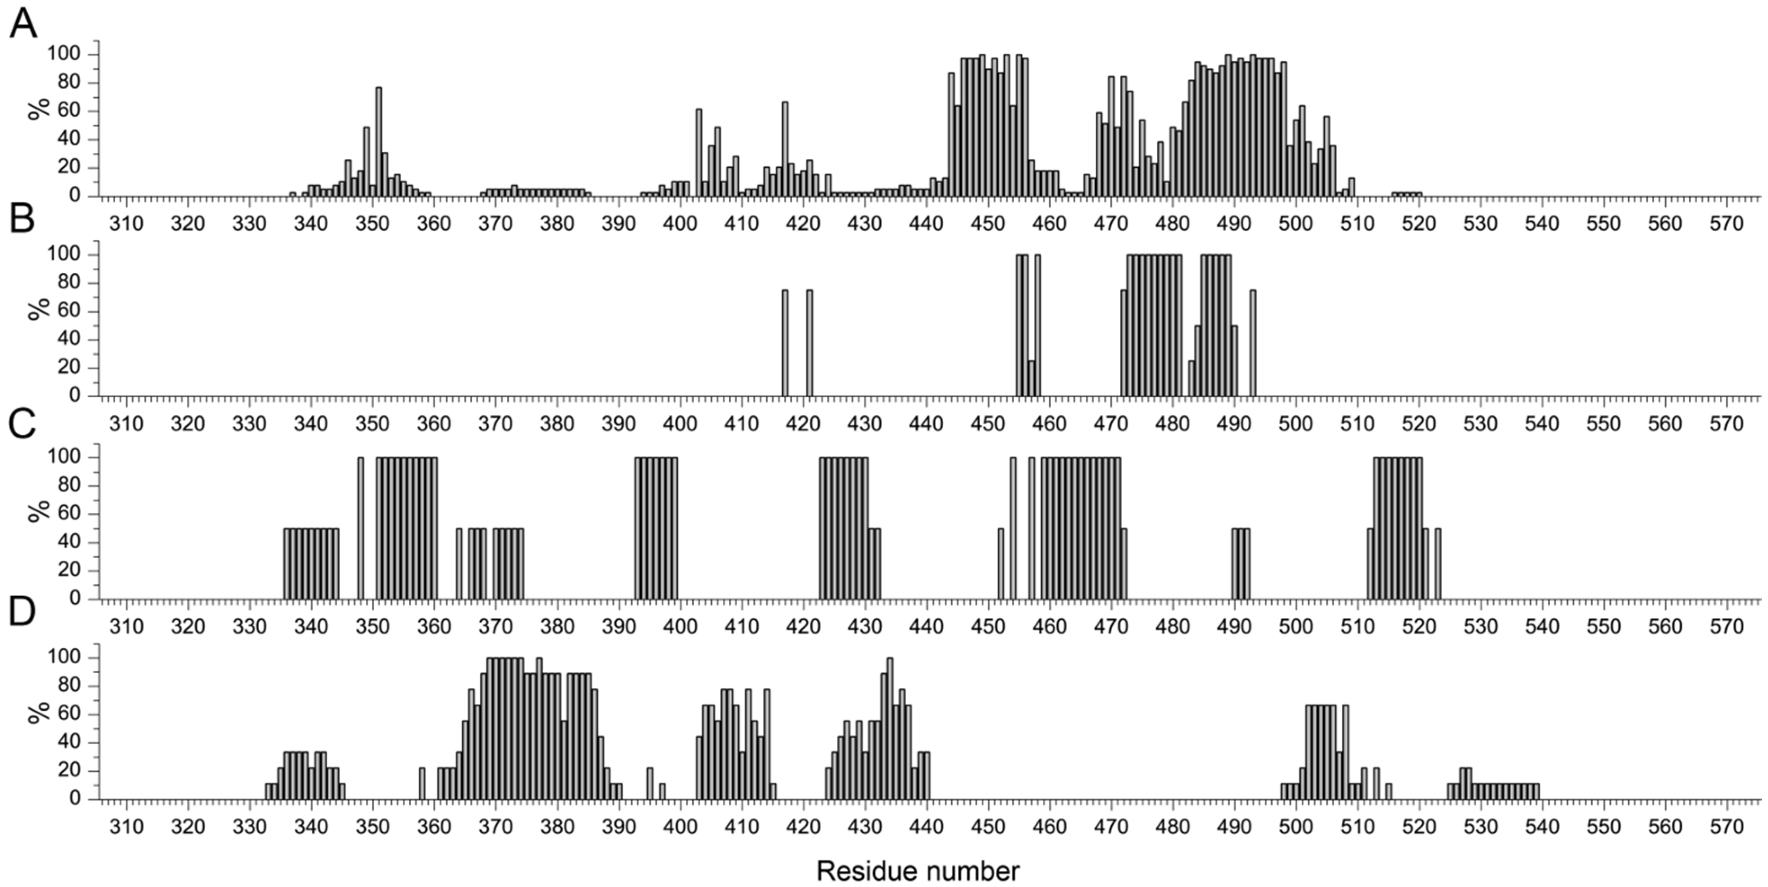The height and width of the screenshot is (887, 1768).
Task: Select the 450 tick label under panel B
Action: click(x=988, y=424)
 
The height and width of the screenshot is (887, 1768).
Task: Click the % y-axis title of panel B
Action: click(x=40, y=309)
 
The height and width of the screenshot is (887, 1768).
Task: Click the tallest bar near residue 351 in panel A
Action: click(x=379, y=141)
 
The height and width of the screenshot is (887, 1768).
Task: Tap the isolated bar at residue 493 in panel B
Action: click(x=1253, y=343)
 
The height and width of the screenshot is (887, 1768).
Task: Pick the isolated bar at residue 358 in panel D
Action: click(x=422, y=784)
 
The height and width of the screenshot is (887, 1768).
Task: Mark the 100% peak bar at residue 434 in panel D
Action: click(x=890, y=729)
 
